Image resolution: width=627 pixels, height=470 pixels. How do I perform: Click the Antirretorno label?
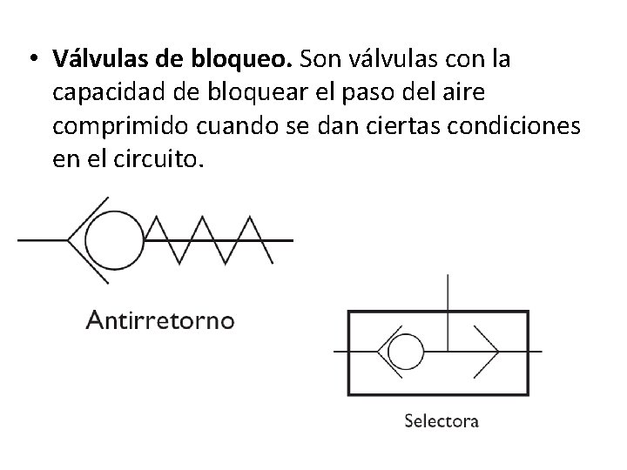coord(159,320)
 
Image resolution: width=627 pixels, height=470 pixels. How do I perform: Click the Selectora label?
coord(442,421)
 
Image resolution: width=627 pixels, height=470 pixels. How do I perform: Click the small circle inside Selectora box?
coord(403,352)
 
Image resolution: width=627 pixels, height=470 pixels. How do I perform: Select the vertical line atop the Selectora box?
coord(448,292)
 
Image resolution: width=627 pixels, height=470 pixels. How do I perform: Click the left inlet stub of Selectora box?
coord(341,352)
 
